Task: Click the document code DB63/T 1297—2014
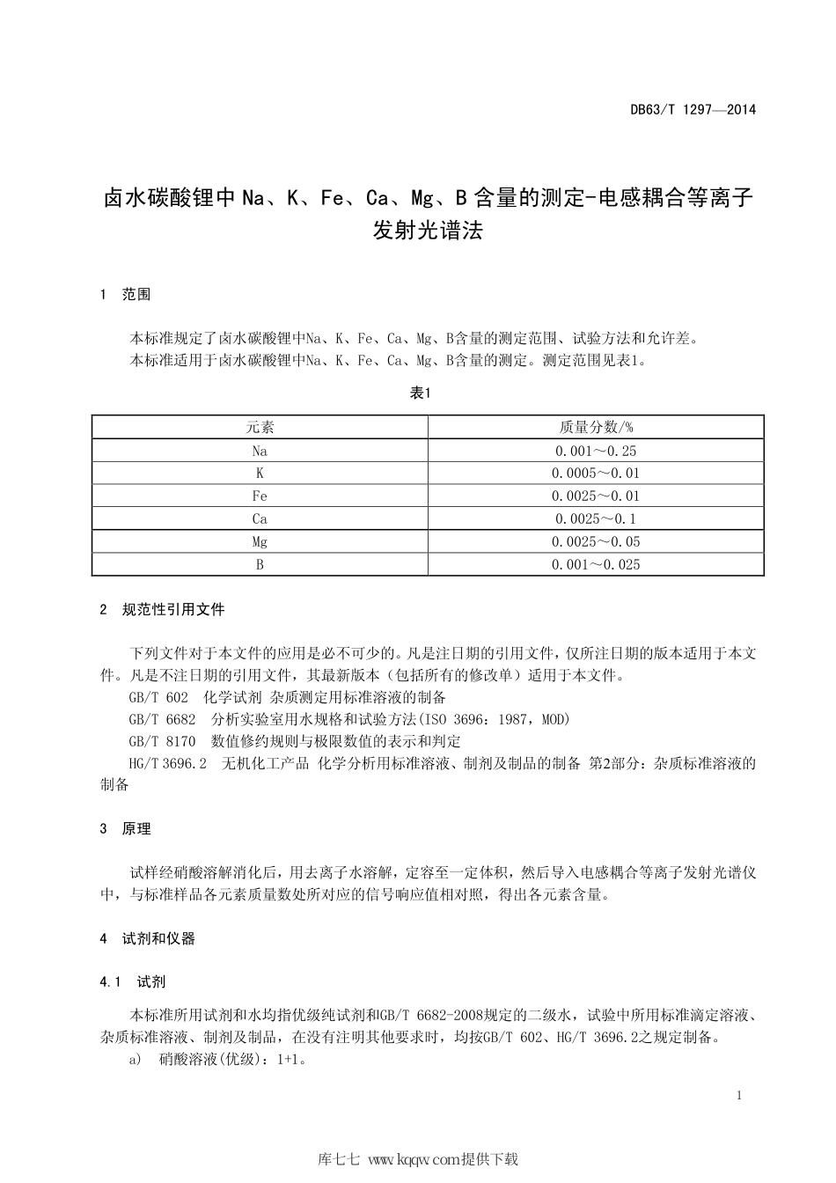point(693,110)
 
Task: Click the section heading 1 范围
point(126,295)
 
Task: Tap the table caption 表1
point(420,393)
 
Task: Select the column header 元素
point(260,428)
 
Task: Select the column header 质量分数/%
point(596,428)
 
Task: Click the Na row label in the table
point(260,451)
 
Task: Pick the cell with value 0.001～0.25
point(596,451)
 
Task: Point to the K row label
point(260,474)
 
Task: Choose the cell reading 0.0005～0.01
point(596,474)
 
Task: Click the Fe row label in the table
point(260,496)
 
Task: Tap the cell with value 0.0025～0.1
point(596,519)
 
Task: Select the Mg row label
point(260,542)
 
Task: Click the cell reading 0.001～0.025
point(596,565)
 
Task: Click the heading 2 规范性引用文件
point(163,609)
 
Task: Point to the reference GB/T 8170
point(162,742)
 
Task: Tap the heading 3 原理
point(126,829)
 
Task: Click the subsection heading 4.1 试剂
point(134,981)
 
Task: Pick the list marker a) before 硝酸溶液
point(135,1060)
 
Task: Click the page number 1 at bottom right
point(739,1096)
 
